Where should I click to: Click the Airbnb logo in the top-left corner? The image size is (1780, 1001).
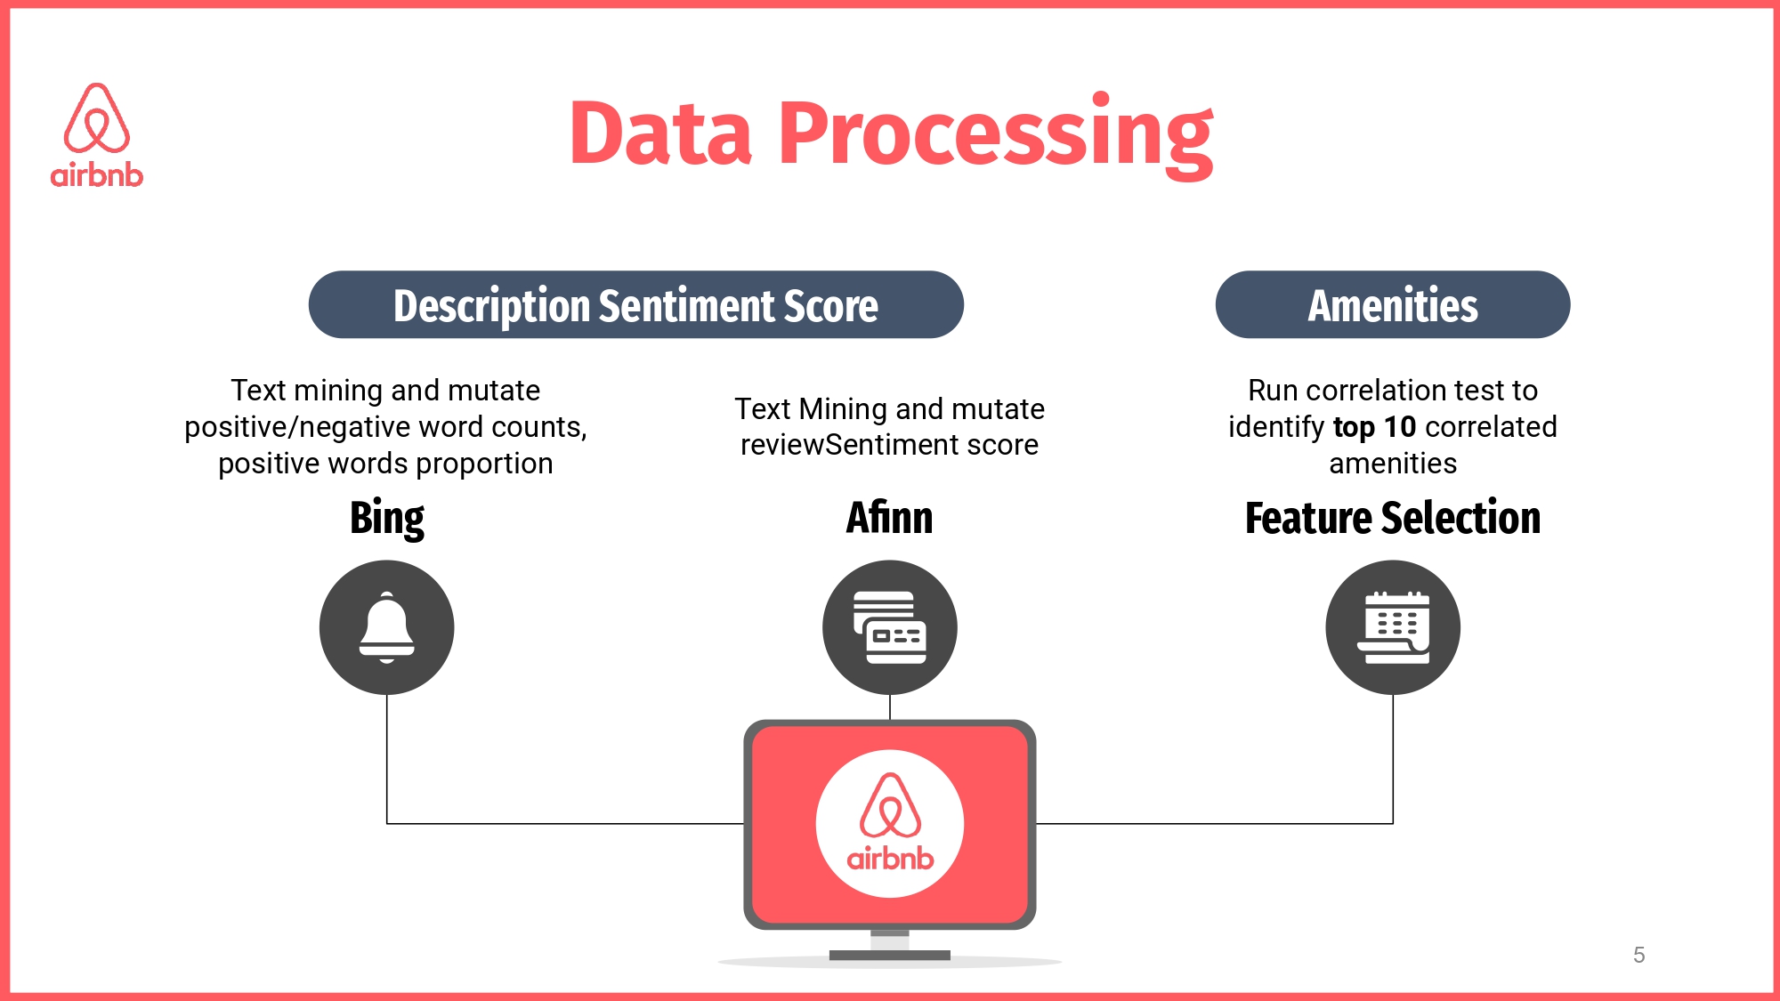97,135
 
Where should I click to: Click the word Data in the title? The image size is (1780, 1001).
660,134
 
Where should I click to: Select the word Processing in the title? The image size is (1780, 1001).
996,136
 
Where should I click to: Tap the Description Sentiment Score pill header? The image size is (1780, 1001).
636,304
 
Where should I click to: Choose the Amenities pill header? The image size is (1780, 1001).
1393,304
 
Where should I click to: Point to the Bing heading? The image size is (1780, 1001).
387,519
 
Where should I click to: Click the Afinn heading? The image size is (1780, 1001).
889,517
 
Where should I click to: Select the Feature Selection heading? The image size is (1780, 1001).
1393,517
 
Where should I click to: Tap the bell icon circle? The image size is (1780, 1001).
387,627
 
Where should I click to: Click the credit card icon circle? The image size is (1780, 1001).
890,627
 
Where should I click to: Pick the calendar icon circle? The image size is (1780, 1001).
1393,627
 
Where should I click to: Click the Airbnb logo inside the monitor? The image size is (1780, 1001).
890,823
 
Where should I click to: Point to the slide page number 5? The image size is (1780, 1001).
1639,955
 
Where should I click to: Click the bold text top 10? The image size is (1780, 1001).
1374,427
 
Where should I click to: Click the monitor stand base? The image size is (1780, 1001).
890,956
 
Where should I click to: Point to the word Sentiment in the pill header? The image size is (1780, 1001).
687,306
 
